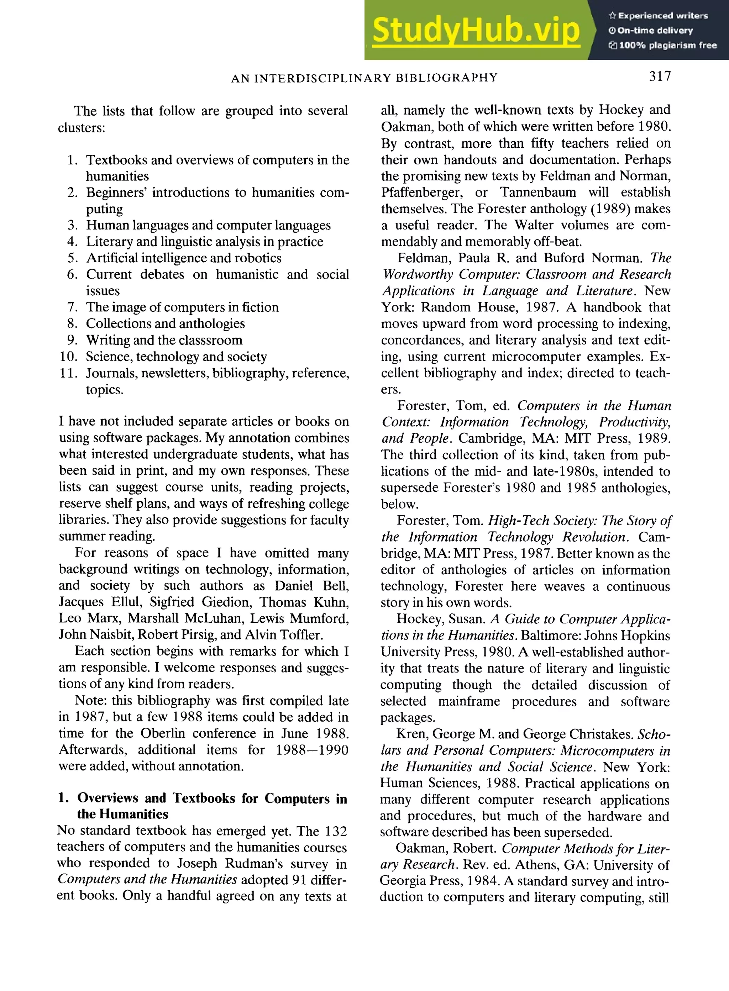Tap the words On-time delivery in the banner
655,31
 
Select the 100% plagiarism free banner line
662,45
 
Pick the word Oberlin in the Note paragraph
163,733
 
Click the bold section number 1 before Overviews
63,798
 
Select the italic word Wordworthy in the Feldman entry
418,274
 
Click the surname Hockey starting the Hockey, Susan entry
419,619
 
